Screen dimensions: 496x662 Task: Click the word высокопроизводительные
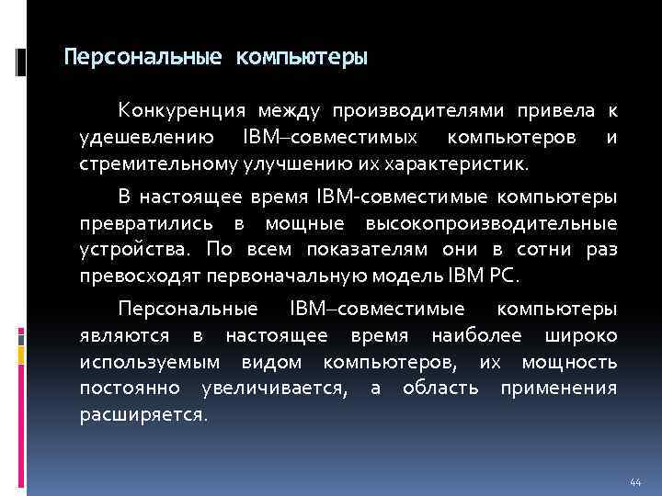tap(491, 224)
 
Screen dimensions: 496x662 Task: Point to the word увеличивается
tap(274, 388)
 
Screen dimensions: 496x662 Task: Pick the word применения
tap(558, 388)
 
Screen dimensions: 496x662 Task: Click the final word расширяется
tap(143, 414)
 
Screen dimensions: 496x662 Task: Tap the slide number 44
tap(634, 482)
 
